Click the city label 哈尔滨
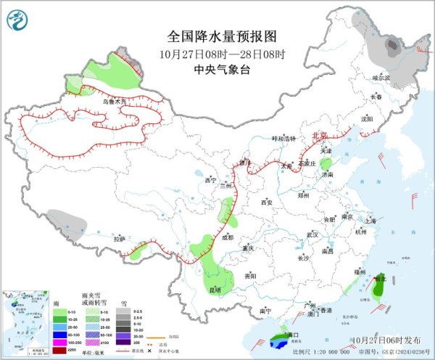tap(381, 77)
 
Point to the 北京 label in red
tap(319, 135)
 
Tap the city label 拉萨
tap(120, 238)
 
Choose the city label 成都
tap(228, 237)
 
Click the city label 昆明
tap(215, 290)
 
